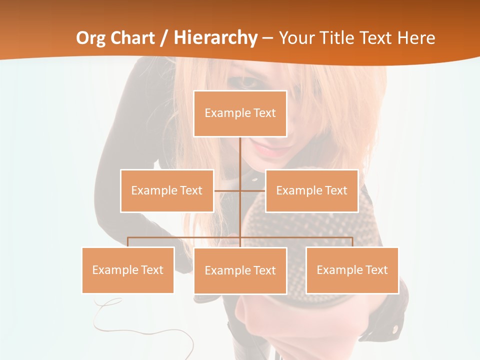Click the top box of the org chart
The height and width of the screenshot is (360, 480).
tap(240, 113)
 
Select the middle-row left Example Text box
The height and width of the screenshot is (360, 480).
tap(166, 190)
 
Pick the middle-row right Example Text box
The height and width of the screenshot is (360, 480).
tap(311, 190)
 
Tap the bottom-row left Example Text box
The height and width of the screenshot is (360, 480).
tap(127, 270)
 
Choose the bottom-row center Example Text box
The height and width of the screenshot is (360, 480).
tap(240, 270)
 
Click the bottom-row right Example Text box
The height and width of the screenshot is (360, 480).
tap(352, 270)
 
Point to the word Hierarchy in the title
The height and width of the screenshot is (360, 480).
tap(215, 38)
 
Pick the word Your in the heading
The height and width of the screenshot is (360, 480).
tap(295, 38)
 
